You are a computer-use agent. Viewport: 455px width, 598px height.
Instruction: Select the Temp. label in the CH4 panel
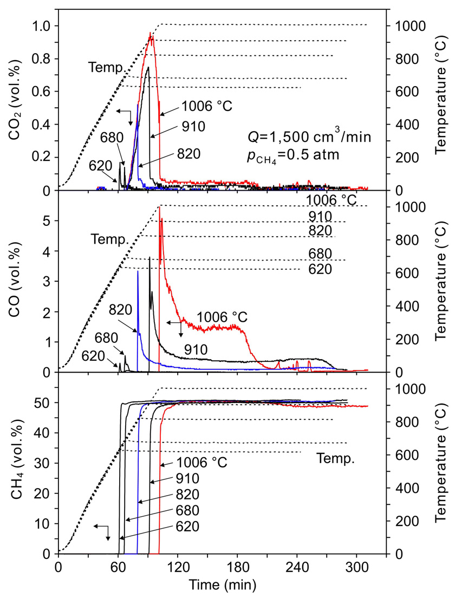point(335,460)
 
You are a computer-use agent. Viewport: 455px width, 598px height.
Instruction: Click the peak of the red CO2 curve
point(150,33)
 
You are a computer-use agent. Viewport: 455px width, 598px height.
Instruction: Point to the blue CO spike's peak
point(138,271)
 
